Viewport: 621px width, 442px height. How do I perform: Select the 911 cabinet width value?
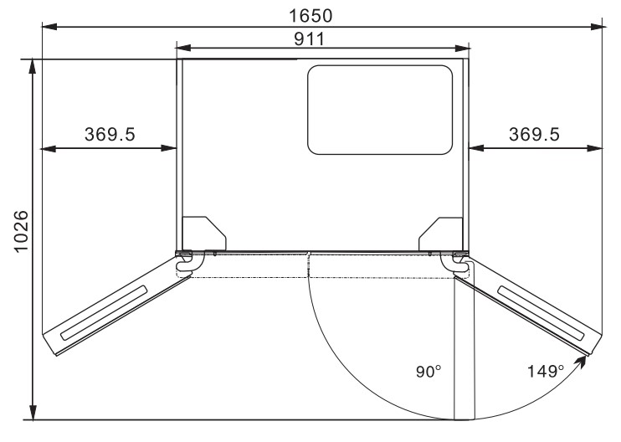pos(321,39)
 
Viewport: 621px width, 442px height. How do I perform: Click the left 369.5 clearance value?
pos(110,135)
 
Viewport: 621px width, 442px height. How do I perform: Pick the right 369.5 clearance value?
pos(535,135)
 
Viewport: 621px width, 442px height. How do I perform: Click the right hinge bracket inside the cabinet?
pos(440,233)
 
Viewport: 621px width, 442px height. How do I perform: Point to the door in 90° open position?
pos(464,347)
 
